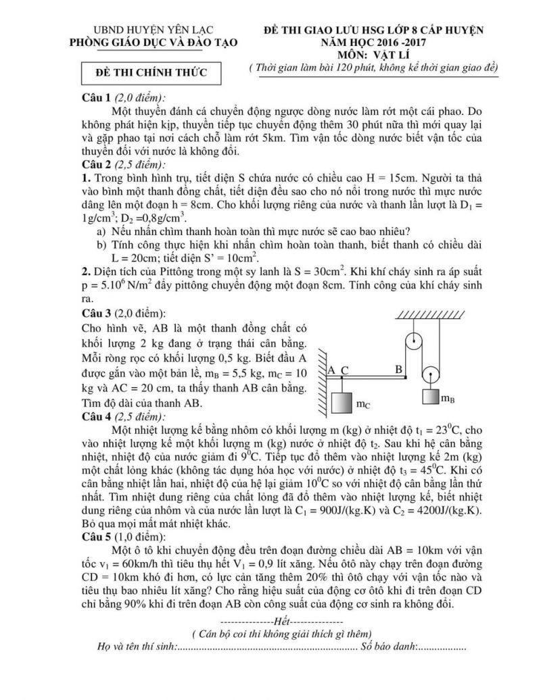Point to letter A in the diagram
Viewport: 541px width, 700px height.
coord(331,370)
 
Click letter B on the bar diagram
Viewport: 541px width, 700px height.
coord(399,369)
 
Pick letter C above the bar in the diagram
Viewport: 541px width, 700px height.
coord(344,370)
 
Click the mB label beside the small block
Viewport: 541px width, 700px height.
coord(448,399)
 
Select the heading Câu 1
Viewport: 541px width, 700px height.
coord(96,97)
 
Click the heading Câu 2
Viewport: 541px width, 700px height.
coord(96,164)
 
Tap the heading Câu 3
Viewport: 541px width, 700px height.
coord(96,314)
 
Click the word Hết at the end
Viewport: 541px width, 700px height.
coord(280,620)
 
